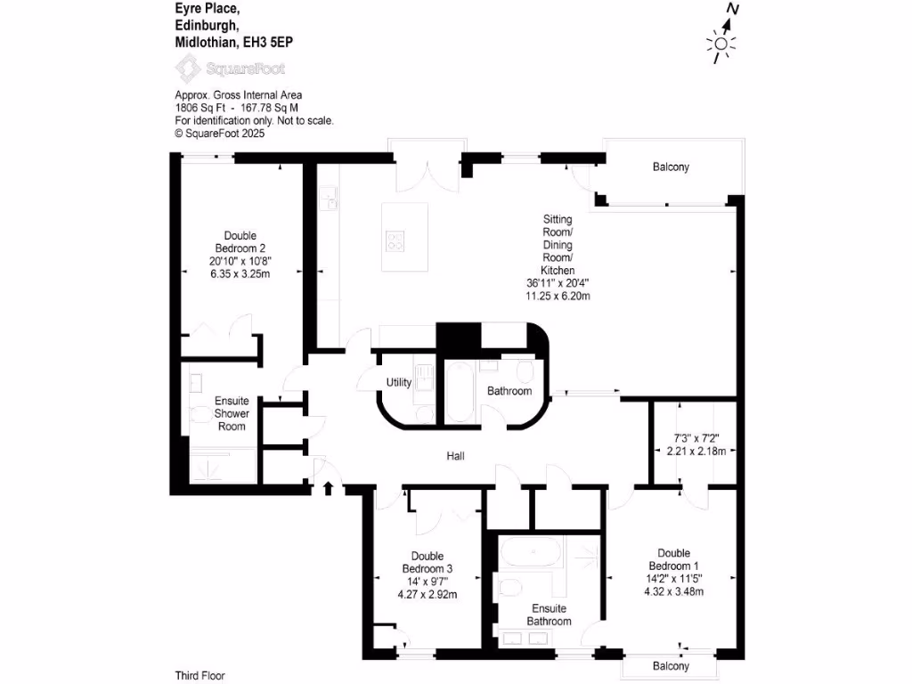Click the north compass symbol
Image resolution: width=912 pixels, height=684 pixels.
click(722, 36)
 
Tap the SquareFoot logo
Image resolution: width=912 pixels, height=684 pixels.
click(230, 68)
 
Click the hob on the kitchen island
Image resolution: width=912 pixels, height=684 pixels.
click(395, 240)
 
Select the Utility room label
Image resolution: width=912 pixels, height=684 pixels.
click(398, 383)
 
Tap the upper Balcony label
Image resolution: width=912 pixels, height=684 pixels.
click(671, 167)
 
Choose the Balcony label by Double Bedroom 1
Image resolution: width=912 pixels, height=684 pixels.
click(671, 666)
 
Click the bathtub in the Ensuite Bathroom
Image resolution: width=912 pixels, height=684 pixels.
click(531, 553)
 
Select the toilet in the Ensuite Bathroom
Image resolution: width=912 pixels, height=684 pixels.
click(509, 589)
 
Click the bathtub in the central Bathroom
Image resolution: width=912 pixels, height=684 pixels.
click(460, 392)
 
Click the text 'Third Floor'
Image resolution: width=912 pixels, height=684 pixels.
click(200, 676)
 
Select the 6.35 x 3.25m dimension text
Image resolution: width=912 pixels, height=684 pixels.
click(240, 273)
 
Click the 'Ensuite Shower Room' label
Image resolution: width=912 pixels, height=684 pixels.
click(232, 413)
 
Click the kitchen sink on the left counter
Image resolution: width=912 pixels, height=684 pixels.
click(329, 197)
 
